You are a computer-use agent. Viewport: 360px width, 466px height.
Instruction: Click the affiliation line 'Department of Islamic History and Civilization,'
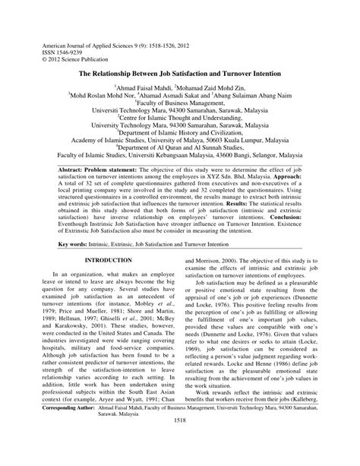(180, 134)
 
